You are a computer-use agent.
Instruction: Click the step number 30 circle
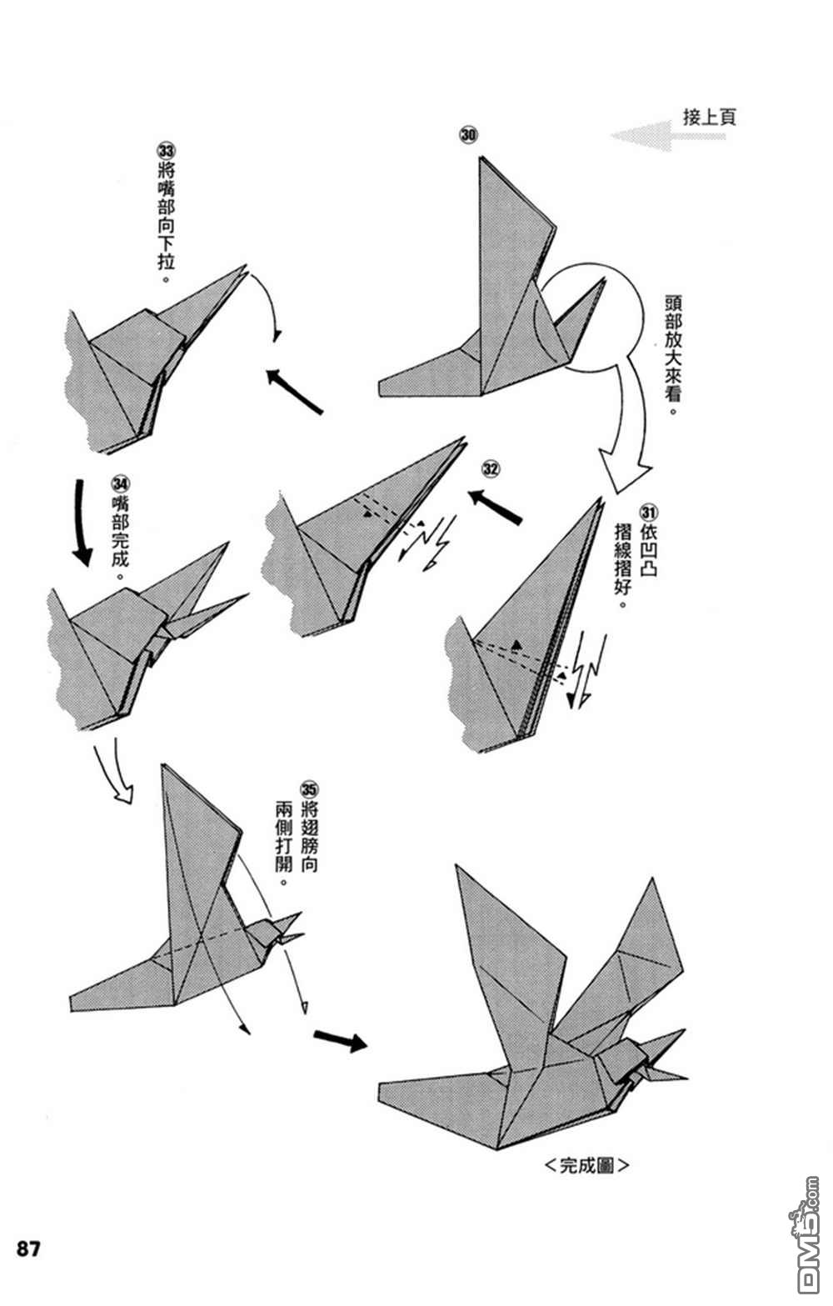[x=468, y=134]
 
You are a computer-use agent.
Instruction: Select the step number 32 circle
[x=491, y=469]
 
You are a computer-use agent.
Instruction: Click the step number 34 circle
[x=121, y=483]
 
